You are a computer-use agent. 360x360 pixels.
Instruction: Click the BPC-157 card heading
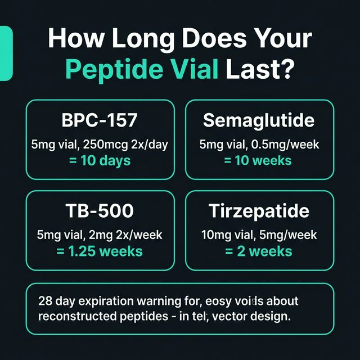tap(100, 120)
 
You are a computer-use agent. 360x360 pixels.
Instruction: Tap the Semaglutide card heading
tap(259, 120)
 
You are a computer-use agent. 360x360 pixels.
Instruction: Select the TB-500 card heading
tap(100, 211)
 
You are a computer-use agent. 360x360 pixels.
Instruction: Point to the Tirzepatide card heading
tap(259, 211)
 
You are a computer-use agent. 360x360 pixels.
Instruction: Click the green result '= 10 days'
tap(100, 160)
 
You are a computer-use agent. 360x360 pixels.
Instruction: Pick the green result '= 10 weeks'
tap(259, 160)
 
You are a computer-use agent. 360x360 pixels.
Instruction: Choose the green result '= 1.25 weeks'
tap(100, 251)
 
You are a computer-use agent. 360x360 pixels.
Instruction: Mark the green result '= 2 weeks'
tap(259, 251)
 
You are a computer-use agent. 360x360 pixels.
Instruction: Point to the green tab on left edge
tap(6, 53)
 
